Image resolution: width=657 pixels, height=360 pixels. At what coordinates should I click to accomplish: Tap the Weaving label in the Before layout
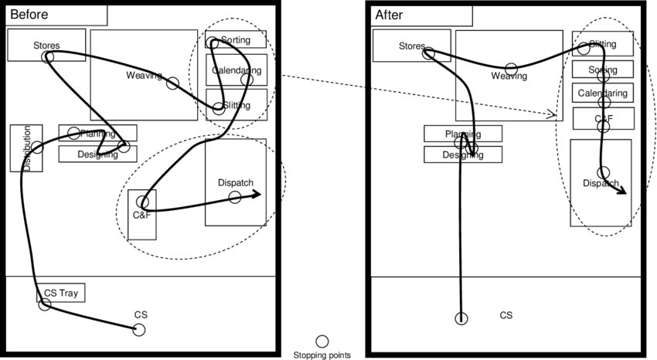point(144,75)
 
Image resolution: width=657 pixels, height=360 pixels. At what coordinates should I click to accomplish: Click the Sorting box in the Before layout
point(237,39)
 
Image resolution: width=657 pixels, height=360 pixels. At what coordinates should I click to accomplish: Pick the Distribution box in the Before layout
point(26,148)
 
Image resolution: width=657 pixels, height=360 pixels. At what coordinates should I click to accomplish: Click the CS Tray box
point(60,293)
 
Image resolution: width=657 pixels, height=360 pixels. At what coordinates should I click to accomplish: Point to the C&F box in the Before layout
point(141,214)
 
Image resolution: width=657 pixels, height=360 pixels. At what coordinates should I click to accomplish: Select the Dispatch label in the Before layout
point(236,183)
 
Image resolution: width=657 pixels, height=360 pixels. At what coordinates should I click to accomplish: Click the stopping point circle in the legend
point(322,341)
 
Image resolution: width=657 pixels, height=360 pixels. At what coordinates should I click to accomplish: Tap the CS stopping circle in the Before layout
point(138,330)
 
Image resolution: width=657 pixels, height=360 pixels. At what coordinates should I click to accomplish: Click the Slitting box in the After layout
point(603,44)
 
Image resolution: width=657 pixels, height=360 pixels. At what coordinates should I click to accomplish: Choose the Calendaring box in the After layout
point(603,93)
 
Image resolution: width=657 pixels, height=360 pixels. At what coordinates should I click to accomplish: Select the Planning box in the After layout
point(463,134)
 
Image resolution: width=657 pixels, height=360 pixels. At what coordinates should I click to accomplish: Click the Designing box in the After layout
point(463,155)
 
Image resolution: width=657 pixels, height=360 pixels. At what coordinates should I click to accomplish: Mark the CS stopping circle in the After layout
point(461,318)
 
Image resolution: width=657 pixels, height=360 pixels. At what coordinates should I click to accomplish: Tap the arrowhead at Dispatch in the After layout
point(623,192)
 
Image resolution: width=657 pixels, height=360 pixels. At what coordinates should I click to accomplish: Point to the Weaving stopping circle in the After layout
point(511,70)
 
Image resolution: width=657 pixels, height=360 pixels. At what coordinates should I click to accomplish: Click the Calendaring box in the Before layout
point(237,70)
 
